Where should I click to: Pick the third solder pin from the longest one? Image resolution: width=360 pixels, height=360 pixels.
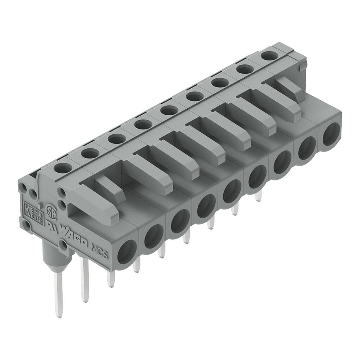111,279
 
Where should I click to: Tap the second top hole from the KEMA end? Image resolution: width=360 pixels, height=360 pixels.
90,153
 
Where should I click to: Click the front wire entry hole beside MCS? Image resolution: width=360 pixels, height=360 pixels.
127,252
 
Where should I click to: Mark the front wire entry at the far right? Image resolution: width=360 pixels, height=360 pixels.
331,134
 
